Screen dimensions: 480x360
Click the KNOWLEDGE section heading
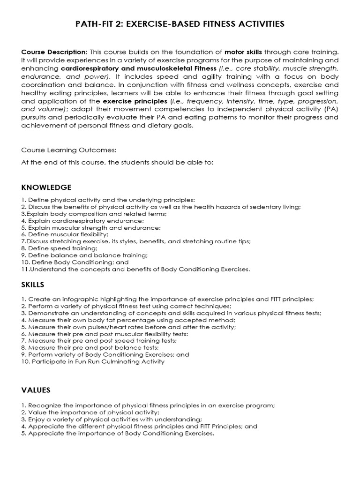46,187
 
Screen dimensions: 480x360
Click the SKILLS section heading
33,285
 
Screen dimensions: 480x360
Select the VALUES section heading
36,390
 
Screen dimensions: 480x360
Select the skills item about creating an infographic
167,299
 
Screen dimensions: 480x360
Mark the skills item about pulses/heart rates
128,327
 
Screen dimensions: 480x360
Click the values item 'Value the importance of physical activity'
87,412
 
